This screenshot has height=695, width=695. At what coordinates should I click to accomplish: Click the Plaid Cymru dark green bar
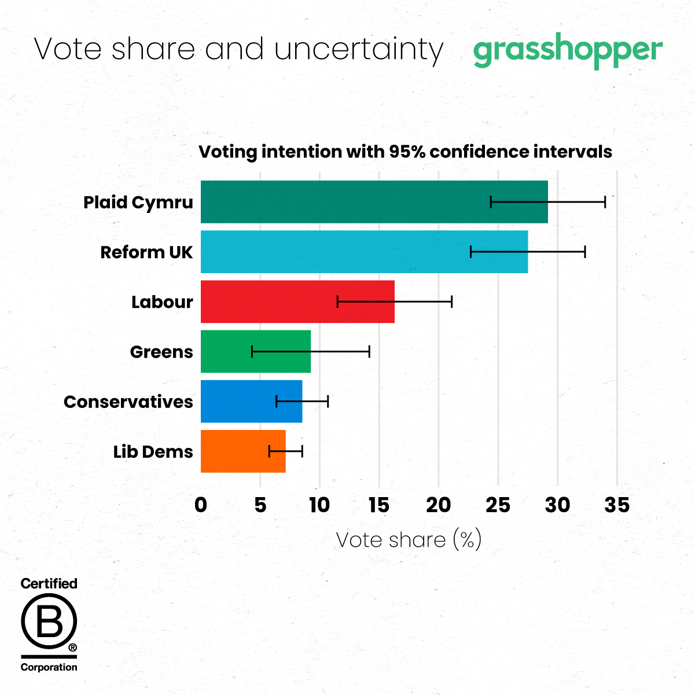coord(347,202)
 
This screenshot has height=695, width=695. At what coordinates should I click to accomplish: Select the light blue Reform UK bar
coord(336,252)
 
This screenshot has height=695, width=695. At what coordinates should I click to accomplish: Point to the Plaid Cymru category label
coord(138,203)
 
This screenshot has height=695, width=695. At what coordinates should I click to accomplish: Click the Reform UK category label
coord(146,252)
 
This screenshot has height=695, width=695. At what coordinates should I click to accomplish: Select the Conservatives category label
coord(128,402)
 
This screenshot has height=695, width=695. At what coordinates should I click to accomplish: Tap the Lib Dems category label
coord(153,451)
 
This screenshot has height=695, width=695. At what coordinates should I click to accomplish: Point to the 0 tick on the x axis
coord(201,505)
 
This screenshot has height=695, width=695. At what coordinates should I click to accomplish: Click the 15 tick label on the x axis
coord(378,505)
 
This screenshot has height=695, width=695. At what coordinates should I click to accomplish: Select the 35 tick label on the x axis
coord(617,505)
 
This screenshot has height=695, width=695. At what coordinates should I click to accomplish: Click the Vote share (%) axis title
coord(409,540)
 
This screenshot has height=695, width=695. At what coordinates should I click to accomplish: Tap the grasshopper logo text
coord(568,51)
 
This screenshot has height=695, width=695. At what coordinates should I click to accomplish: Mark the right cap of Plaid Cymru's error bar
coord(605,202)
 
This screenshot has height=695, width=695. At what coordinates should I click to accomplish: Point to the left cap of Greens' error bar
coord(252,351)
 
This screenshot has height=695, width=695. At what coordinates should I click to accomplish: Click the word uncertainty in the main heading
coord(359,50)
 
